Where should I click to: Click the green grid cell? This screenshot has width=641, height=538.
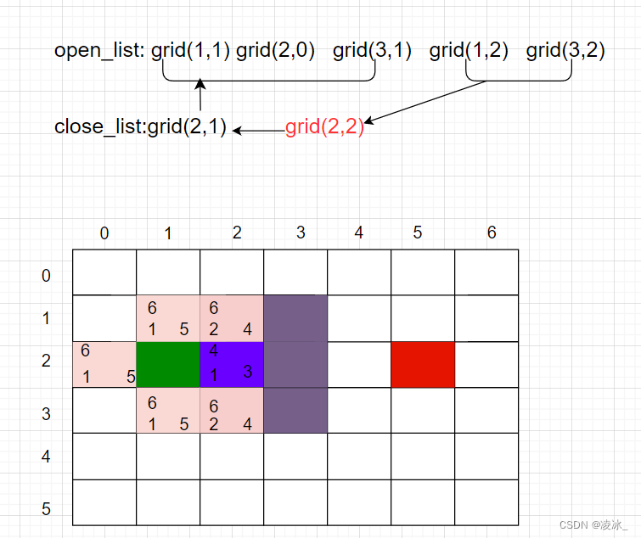tap(168, 365)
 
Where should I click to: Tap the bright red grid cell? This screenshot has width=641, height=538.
tap(423, 365)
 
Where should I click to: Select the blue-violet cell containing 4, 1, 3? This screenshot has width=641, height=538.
tap(232, 365)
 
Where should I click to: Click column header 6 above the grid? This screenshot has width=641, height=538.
tap(492, 233)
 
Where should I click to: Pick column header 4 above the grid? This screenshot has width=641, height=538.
tap(359, 233)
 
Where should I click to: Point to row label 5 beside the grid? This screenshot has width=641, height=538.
tap(46, 509)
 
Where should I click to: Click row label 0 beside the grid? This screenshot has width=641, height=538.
tap(46, 276)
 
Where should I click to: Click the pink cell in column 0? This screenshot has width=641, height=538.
tap(104, 365)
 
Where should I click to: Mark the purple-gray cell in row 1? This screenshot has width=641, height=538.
tap(295, 318)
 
